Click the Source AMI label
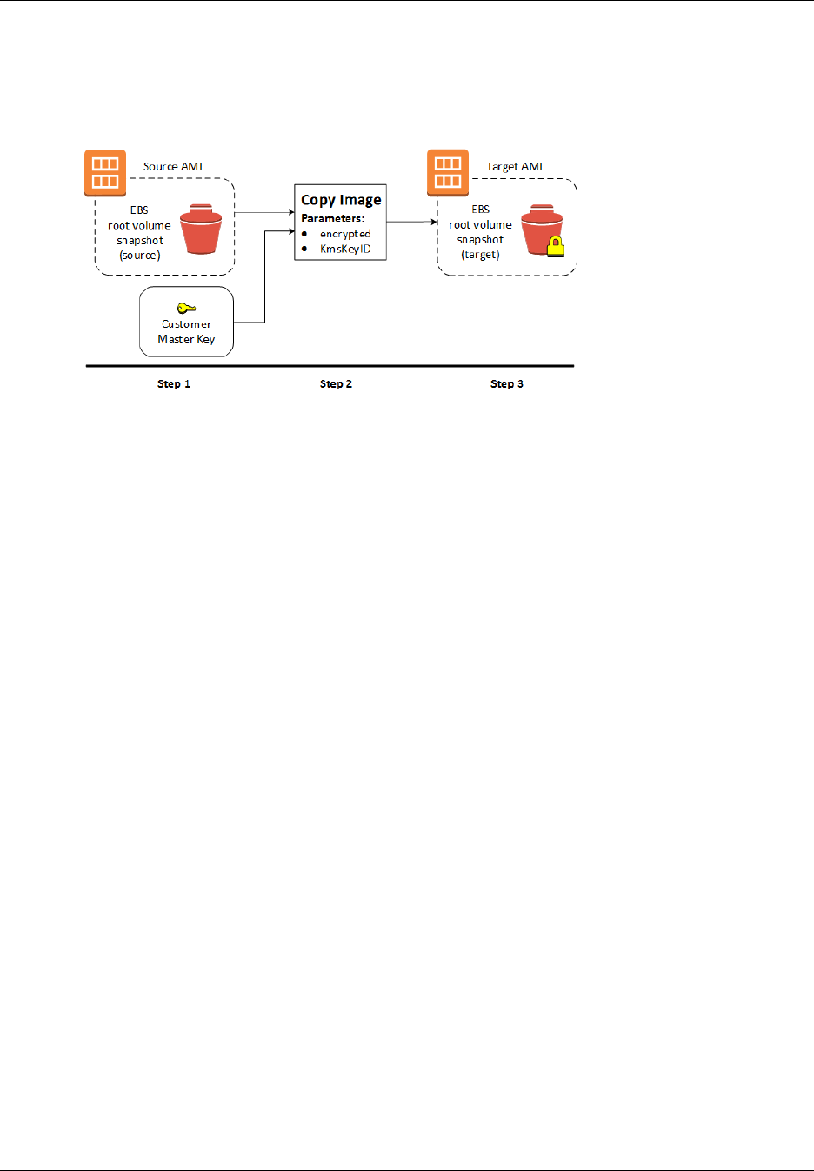pyautogui.click(x=172, y=166)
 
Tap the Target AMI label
pyautogui.click(x=514, y=166)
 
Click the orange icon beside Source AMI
pyautogui.click(x=105, y=172)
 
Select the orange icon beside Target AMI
pyautogui.click(x=448, y=172)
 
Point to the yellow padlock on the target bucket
pyautogui.click(x=555, y=247)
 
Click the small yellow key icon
pyautogui.click(x=186, y=308)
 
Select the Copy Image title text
pyautogui.click(x=341, y=200)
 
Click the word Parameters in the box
pyautogui.click(x=332, y=218)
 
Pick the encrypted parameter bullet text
pyautogui.click(x=345, y=234)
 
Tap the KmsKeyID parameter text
pyautogui.click(x=345, y=249)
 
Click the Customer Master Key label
pyautogui.click(x=186, y=331)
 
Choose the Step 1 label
pyautogui.click(x=174, y=383)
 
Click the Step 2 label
pyautogui.click(x=336, y=383)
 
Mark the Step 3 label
pyautogui.click(x=507, y=383)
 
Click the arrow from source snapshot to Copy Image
pyautogui.click(x=264, y=212)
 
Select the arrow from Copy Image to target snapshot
pyautogui.click(x=411, y=222)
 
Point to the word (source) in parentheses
pyautogui.click(x=140, y=256)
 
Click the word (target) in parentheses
pyautogui.click(x=480, y=255)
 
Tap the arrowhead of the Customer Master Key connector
pyautogui.click(x=291, y=231)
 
